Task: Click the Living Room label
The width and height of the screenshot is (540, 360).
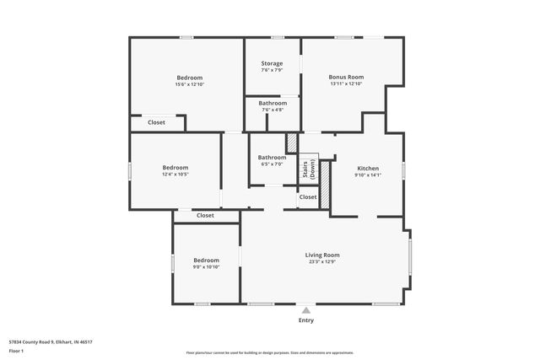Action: tap(322, 255)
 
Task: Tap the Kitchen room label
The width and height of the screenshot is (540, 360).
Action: tap(368, 168)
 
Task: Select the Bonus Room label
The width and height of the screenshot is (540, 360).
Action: tap(345, 77)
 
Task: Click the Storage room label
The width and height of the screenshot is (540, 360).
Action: tap(272, 63)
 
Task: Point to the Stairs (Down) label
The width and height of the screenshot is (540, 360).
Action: tap(309, 169)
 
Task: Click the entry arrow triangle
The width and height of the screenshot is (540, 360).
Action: tap(306, 309)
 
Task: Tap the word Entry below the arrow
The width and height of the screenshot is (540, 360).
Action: tap(306, 320)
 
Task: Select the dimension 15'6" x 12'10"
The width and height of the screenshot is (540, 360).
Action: tap(189, 84)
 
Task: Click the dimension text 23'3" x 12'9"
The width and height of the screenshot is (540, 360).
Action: tap(322, 261)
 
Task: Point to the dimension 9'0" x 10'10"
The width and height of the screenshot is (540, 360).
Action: tap(206, 267)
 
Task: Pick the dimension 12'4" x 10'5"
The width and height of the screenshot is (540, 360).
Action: tap(175, 175)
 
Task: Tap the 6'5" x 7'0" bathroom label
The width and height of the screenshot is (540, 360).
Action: tap(272, 164)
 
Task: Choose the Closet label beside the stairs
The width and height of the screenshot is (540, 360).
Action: tap(308, 197)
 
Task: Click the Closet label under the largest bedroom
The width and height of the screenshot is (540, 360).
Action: tap(156, 122)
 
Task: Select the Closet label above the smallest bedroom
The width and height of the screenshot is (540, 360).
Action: tap(205, 215)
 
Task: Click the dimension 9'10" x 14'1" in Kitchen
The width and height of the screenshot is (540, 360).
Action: tap(368, 175)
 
